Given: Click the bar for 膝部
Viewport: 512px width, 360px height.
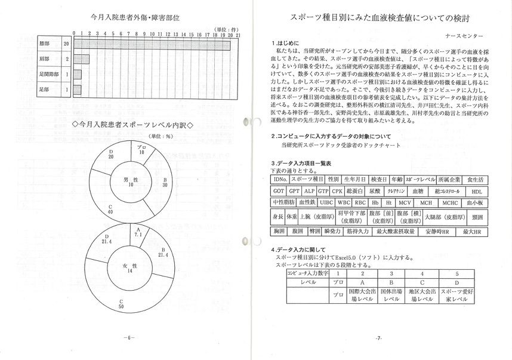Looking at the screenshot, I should (155, 44).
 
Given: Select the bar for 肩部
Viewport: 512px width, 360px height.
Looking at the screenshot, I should (81, 59).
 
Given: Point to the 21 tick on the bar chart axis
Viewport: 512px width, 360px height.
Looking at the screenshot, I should (238, 33).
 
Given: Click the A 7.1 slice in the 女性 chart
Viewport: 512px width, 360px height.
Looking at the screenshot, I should (138, 233).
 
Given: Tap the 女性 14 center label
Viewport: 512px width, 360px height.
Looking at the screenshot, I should (129, 267).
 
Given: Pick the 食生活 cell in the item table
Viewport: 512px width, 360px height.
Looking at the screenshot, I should (476, 179).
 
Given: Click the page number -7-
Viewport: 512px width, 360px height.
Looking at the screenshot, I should (379, 338).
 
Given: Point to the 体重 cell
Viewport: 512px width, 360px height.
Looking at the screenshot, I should (291, 217).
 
